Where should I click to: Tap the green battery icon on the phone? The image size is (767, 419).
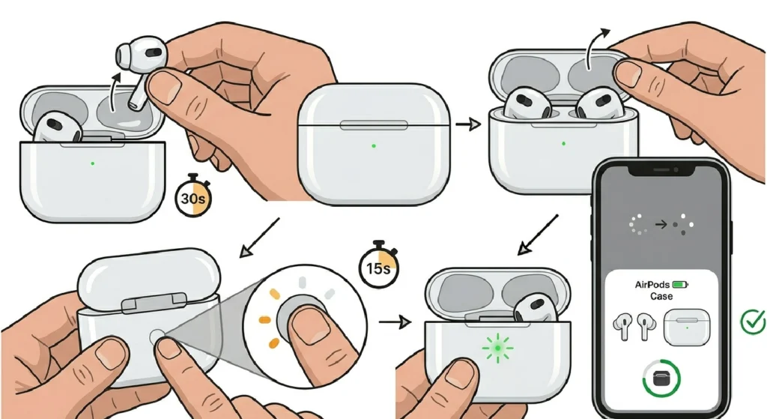click(x=680, y=285)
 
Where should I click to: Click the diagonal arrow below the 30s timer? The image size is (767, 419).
click(x=258, y=238)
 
